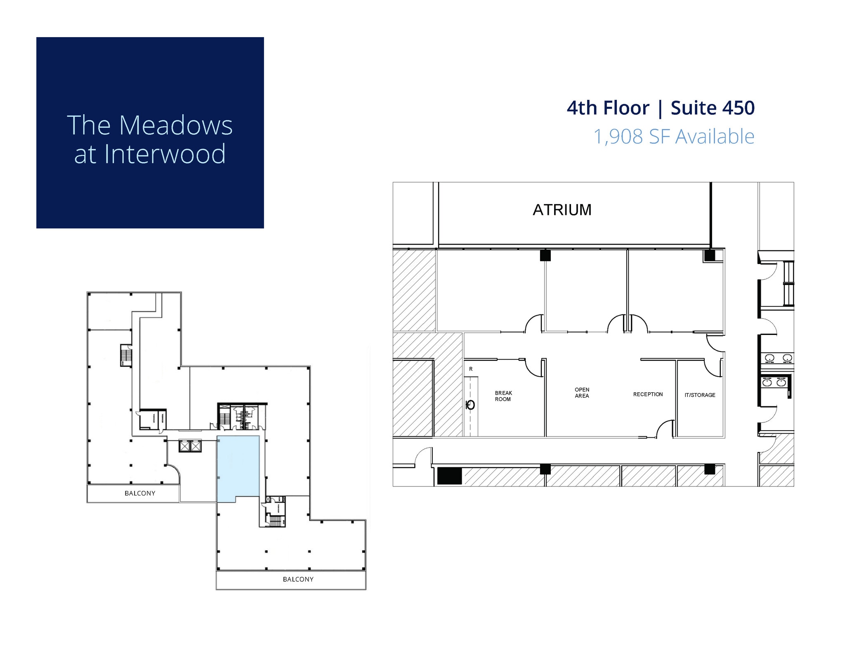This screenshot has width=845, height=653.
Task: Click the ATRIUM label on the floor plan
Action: pyautogui.click(x=562, y=210)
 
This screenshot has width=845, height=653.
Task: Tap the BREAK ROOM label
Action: pyautogui.click(x=503, y=396)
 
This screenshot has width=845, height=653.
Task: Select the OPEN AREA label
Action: pyautogui.click(x=582, y=393)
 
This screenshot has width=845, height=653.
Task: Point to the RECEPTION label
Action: pyautogui.click(x=648, y=394)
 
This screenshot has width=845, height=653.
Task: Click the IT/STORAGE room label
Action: pyautogui.click(x=700, y=395)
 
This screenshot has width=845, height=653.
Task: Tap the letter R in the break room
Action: pyautogui.click(x=471, y=369)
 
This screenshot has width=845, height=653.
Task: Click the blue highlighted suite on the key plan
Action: pyautogui.click(x=238, y=468)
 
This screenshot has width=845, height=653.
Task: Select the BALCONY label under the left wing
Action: pyautogui.click(x=140, y=493)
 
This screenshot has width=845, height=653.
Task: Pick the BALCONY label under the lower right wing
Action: pyautogui.click(x=298, y=580)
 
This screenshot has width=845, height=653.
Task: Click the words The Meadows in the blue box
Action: pyautogui.click(x=150, y=125)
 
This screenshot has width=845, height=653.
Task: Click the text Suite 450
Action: pyautogui.click(x=713, y=108)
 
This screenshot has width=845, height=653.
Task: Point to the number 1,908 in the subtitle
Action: pyautogui.click(x=618, y=137)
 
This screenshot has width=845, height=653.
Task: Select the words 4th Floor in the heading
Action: pyautogui.click(x=608, y=108)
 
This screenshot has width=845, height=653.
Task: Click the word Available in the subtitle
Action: pyautogui.click(x=715, y=137)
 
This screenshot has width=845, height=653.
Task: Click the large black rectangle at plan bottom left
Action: pyautogui.click(x=449, y=476)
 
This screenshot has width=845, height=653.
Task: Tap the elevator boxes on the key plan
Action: pyautogui.click(x=190, y=446)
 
